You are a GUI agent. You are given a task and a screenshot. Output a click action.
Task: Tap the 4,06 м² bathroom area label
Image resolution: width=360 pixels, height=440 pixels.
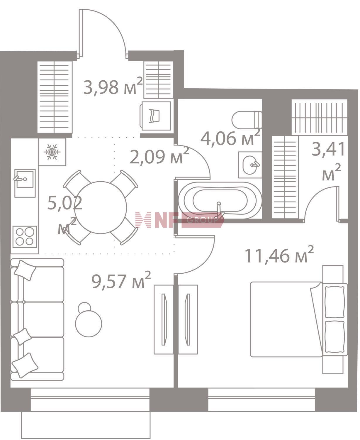tap(230, 138)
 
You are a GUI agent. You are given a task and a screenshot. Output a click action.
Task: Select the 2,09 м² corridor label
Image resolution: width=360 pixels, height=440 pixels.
tap(159, 156)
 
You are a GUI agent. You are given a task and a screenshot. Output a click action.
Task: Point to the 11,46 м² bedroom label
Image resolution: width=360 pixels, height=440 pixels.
tap(279, 255)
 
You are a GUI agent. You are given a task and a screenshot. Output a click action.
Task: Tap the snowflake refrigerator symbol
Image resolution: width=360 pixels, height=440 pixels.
tap(52, 152)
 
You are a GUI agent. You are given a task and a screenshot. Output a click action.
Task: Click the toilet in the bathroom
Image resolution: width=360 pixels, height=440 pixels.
tap(247, 120)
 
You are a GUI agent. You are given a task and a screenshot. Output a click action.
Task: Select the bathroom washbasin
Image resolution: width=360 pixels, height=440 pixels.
tap(250, 165)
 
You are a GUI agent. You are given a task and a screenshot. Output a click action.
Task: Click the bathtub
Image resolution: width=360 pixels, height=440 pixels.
tap(220, 200)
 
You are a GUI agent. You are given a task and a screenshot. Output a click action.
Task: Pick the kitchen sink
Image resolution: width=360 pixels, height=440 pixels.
tap(25, 183)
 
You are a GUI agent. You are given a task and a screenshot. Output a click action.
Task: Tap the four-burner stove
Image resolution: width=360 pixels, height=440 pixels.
tap(25, 237)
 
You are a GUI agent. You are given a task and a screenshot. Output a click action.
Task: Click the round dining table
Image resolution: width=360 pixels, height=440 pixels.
tap(101, 207)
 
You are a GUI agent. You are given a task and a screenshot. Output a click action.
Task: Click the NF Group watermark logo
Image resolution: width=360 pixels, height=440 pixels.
tap(180, 220)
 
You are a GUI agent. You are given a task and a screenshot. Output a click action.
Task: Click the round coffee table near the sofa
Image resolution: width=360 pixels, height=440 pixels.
tap(89, 323)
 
